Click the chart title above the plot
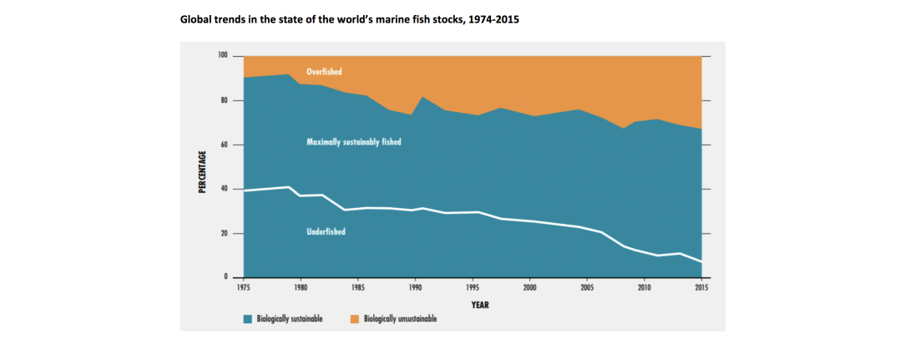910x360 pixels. [x=350, y=18]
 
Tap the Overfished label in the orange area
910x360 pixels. [x=324, y=72]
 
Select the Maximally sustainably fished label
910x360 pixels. [x=354, y=143]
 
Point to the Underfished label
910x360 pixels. [x=326, y=231]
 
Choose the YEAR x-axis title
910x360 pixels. [x=478, y=305]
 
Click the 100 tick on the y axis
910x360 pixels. [x=222, y=56]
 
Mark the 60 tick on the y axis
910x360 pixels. [x=224, y=145]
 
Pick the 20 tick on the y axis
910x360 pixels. [x=224, y=233]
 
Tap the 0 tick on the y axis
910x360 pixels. [x=225, y=277]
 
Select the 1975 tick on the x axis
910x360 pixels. [x=243, y=288]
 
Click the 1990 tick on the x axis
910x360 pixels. [x=415, y=288]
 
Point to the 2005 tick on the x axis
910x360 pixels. [x=587, y=288]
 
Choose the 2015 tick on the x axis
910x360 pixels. [x=701, y=288]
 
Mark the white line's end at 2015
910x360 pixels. [x=701, y=262]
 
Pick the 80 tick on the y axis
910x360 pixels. [x=224, y=100]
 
